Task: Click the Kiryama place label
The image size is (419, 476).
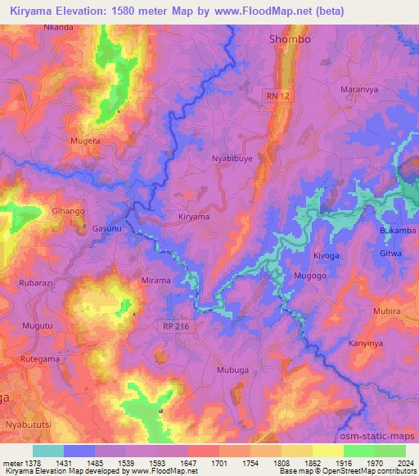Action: (x=194, y=218)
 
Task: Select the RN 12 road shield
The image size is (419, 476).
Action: (x=277, y=97)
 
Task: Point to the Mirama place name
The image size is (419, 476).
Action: (x=155, y=281)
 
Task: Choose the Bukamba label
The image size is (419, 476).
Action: (x=399, y=231)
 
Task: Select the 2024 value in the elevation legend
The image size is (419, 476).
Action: (x=404, y=463)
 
